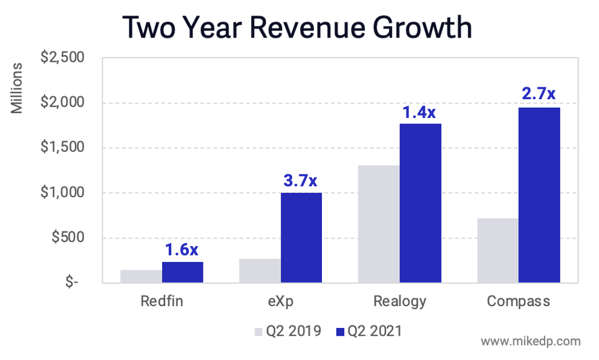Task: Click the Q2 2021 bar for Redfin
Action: pos(182,272)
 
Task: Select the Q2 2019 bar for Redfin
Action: pos(141,277)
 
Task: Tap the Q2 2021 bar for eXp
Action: pos(301,238)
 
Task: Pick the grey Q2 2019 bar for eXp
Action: pos(260,271)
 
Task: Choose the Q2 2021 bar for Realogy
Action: pos(420,203)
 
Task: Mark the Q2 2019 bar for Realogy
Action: pos(379,224)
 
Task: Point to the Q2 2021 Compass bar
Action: pos(539,195)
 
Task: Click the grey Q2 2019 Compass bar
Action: pos(498,250)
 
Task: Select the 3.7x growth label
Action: pos(300,180)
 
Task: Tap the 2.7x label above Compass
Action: pos(538,94)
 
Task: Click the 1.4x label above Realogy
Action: pos(419,112)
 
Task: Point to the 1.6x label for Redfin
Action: pos(182,249)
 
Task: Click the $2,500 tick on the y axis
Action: pos(62,58)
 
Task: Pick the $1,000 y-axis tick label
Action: pos(62,192)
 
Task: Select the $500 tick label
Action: pos(67,237)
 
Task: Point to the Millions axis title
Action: pos(18,88)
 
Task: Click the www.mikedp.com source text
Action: pos(531,341)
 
